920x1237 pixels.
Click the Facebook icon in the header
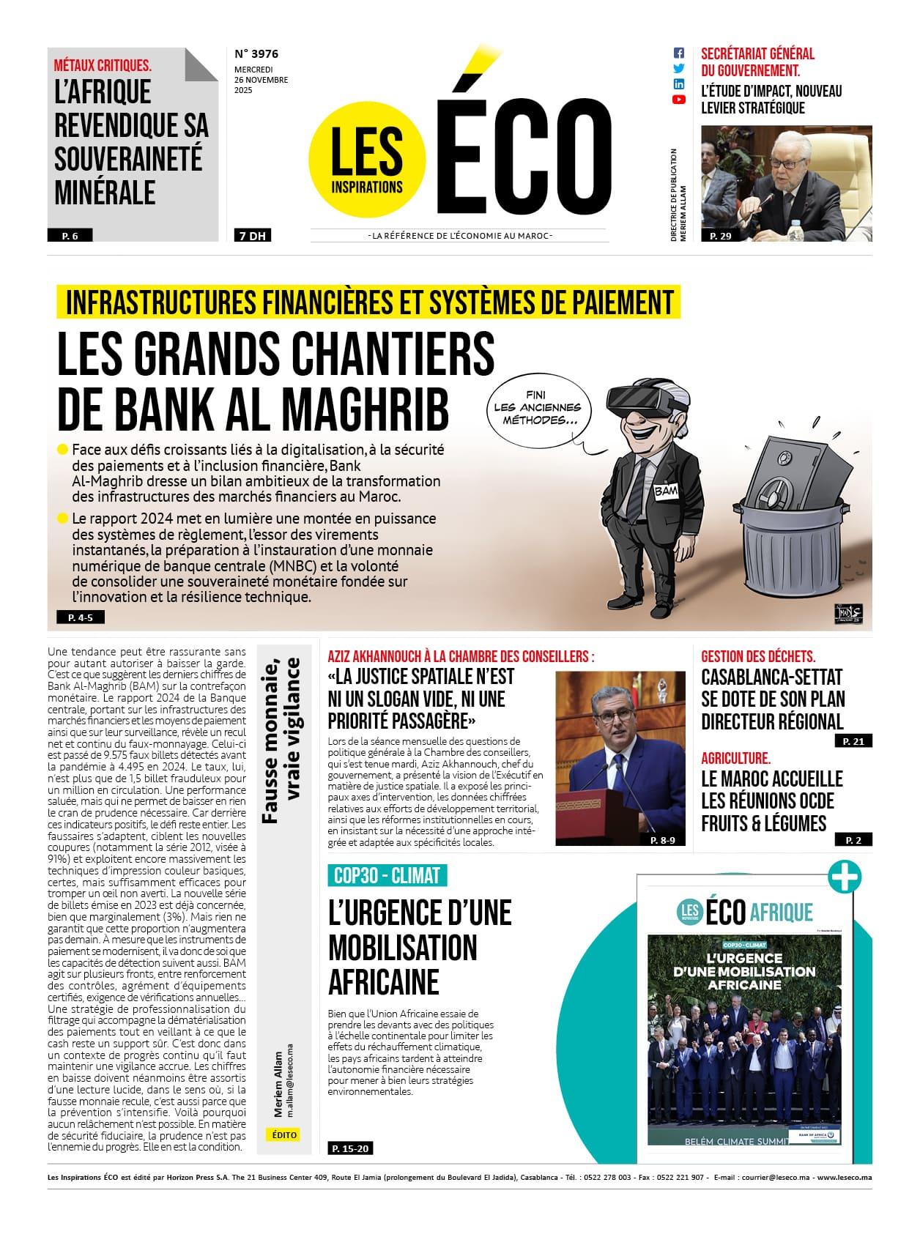[x=678, y=53]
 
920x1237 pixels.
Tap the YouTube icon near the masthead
[x=678, y=100]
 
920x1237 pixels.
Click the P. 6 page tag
[x=70, y=236]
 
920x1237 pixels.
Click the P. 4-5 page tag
[x=76, y=617]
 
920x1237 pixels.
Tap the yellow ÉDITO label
[x=284, y=1134]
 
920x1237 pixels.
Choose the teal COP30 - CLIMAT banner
[x=387, y=875]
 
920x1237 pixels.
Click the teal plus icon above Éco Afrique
[x=845, y=877]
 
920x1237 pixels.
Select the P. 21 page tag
[x=853, y=741]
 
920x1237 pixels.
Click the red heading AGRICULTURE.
[x=735, y=758]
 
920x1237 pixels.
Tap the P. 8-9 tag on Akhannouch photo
[x=663, y=840]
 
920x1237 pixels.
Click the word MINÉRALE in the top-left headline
[x=105, y=193]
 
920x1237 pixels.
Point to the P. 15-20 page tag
[x=351, y=1148]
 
